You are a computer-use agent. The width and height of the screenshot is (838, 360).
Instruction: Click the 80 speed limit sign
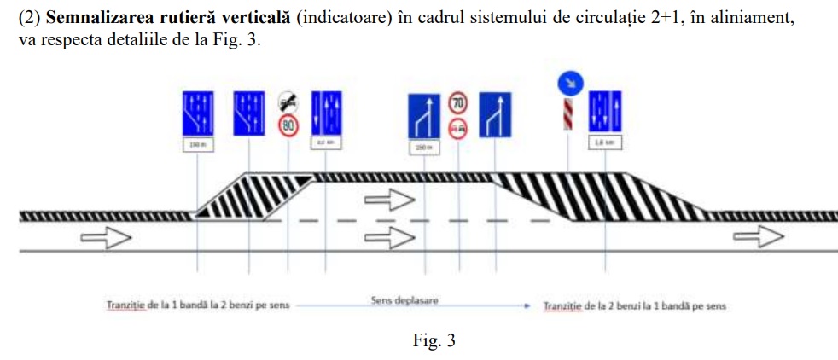click(x=288, y=126)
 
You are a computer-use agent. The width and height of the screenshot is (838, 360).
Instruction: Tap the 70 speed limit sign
click(x=458, y=105)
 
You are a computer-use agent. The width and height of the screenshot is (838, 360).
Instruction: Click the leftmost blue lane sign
click(x=197, y=111)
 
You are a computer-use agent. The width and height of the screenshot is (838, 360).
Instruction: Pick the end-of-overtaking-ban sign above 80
click(x=288, y=103)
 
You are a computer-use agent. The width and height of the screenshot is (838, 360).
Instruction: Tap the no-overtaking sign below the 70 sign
click(x=458, y=128)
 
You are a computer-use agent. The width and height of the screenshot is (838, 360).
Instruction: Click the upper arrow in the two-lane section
click(x=388, y=200)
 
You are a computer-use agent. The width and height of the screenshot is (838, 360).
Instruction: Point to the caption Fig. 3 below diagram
click(x=434, y=341)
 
